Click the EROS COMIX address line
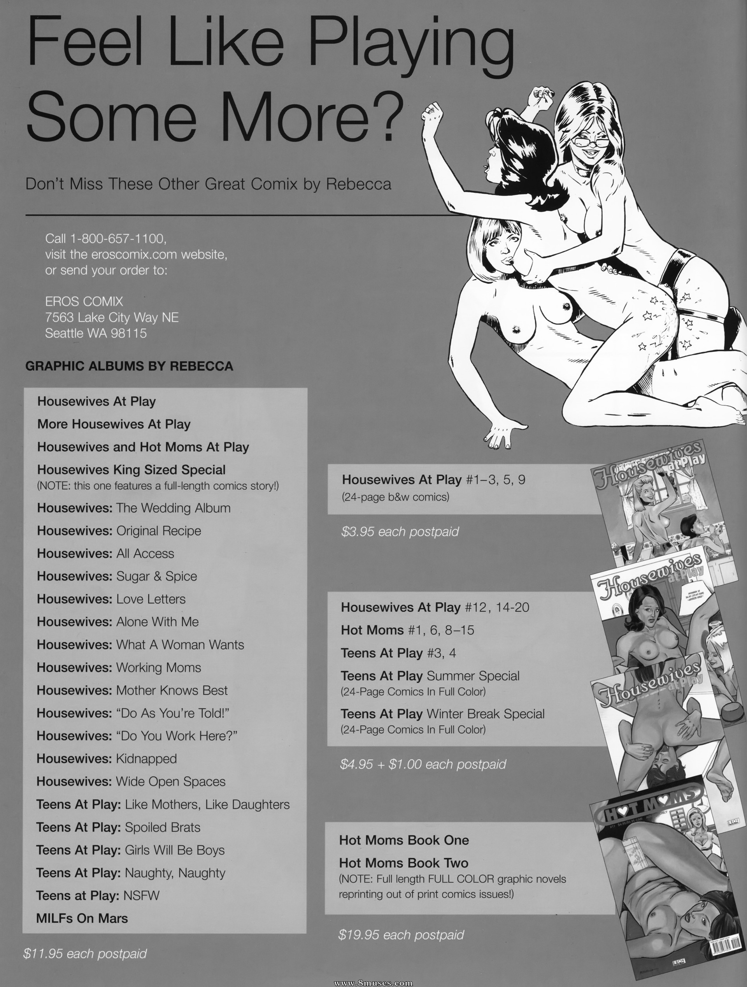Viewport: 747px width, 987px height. pyautogui.click(x=84, y=302)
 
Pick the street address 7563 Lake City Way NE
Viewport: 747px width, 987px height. pyautogui.click(x=112, y=317)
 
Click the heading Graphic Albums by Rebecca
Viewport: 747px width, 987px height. pyautogui.click(x=129, y=366)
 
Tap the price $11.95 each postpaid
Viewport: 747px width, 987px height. pyautogui.click(x=85, y=954)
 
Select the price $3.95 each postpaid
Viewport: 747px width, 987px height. pyautogui.click(x=400, y=532)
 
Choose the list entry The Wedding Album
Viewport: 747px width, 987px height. pyautogui.click(x=174, y=508)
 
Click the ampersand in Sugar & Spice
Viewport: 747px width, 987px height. pyautogui.click(x=157, y=577)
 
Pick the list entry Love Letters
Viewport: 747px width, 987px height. pyautogui.click(x=151, y=599)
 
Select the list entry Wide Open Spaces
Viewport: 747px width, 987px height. pyautogui.click(x=171, y=782)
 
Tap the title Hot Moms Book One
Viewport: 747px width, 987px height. pyautogui.click(x=404, y=840)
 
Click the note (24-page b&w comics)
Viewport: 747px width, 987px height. pyautogui.click(x=395, y=497)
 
